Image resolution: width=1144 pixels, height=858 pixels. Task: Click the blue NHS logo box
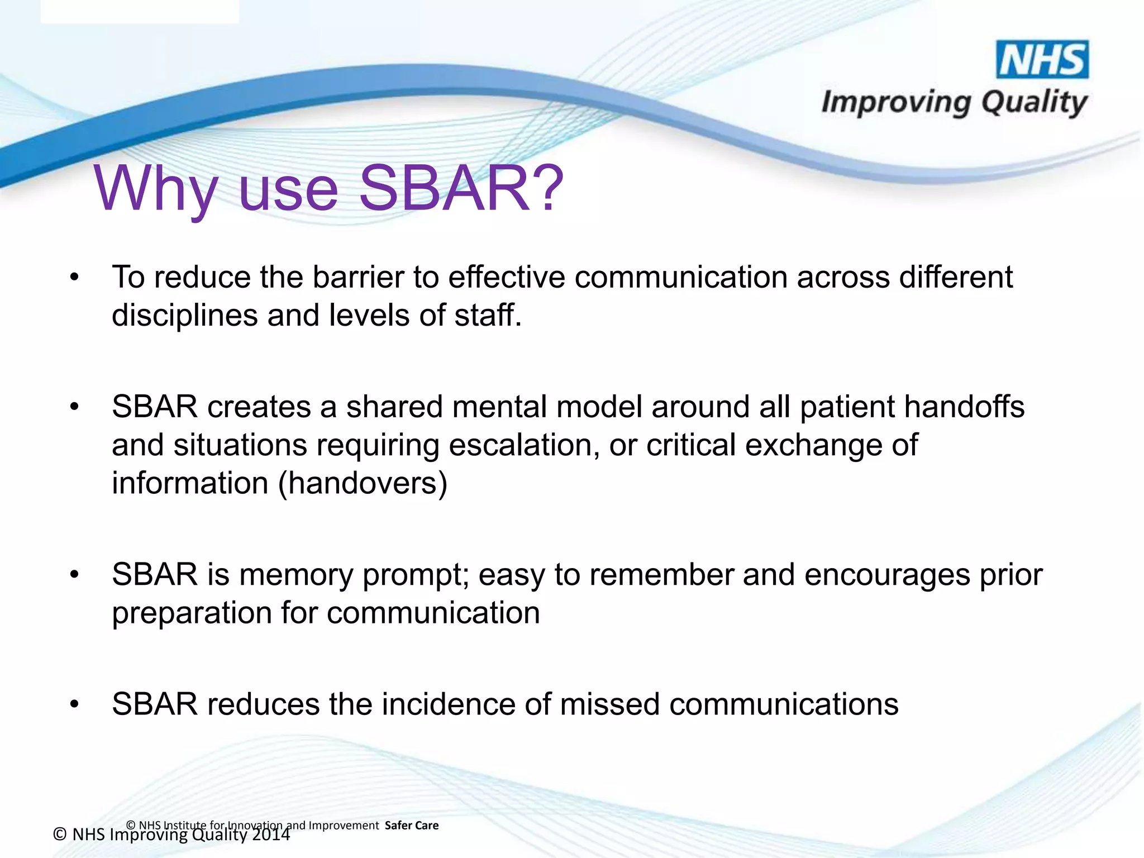pos(1042,60)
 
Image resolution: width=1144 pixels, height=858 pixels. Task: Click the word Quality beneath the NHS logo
pos(1033,103)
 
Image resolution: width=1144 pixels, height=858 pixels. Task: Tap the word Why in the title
pos(155,189)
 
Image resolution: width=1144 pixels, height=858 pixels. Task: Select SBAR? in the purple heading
pos(461,189)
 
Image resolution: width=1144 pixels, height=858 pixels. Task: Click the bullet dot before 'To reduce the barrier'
pos(75,278)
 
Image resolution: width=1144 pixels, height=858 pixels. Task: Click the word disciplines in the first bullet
pos(184,316)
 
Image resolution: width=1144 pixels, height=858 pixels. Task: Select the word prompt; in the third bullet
pos(416,575)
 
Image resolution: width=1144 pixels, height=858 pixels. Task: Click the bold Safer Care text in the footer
pos(412,826)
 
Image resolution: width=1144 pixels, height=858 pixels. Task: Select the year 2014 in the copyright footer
pos(271,835)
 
